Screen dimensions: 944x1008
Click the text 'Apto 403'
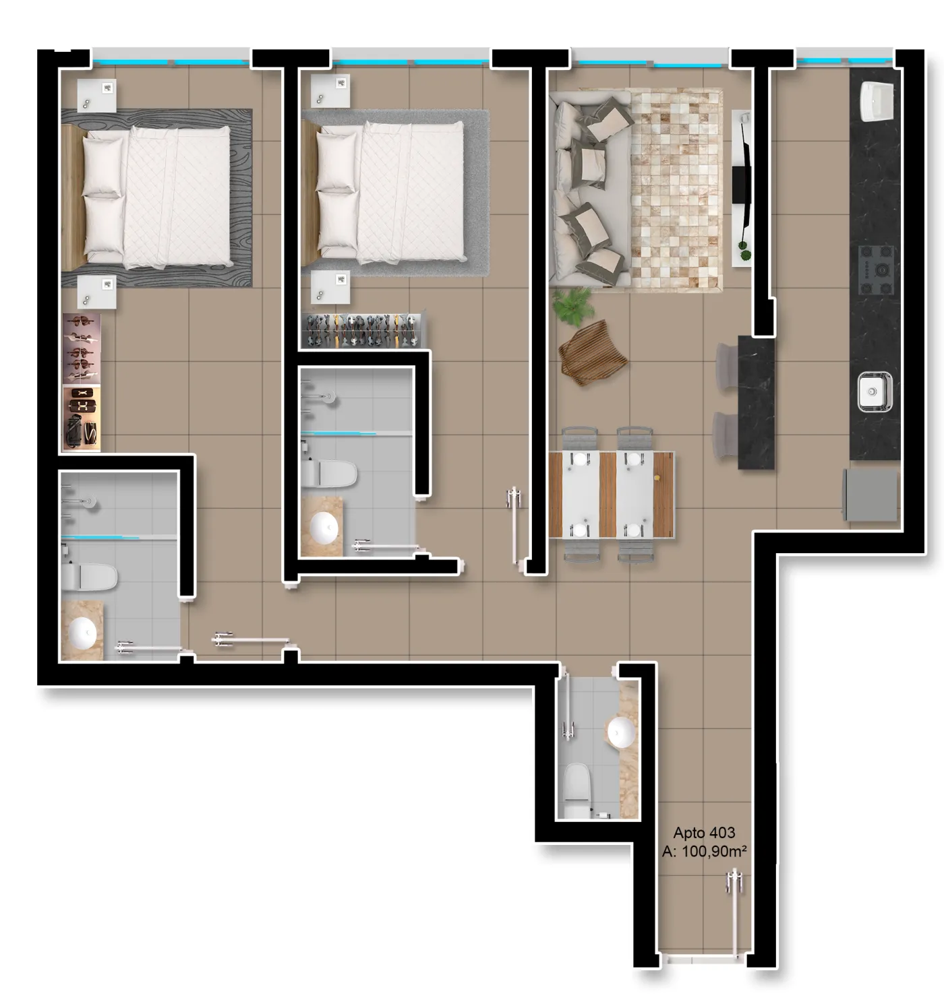point(704,833)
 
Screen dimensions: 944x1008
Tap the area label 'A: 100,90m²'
point(704,852)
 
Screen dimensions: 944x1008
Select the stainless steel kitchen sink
point(875,391)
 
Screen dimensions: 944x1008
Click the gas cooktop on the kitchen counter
point(875,270)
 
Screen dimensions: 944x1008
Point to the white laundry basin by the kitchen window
point(877,102)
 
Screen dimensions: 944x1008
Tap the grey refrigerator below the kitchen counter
point(871,495)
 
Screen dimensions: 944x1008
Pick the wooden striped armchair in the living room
point(593,352)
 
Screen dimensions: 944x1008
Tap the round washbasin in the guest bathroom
point(622,732)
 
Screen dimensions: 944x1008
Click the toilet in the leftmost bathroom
point(89,577)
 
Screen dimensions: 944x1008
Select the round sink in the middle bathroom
point(324,528)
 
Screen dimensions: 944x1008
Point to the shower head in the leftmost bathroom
point(90,502)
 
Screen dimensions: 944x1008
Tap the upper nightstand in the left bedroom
point(96,95)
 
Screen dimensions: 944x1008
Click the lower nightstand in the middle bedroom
point(330,287)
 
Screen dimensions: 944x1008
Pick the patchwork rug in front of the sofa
point(676,190)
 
